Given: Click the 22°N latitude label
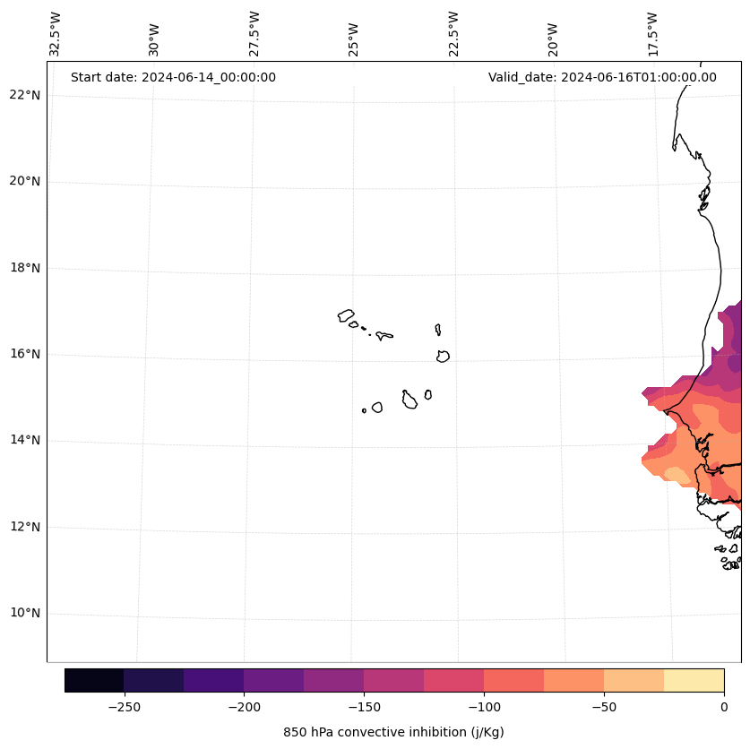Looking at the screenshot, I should tap(25, 95).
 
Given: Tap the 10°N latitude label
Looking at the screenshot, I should tap(25, 614).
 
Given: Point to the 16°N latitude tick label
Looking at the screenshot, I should tap(25, 354).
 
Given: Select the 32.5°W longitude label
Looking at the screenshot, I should tap(56, 34).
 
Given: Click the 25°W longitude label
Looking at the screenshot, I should tap(354, 37).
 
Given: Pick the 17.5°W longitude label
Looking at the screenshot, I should tap(653, 34).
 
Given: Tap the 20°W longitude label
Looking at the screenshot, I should tap(553, 39).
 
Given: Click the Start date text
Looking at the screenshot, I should tap(173, 77).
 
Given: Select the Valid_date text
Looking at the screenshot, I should tap(602, 77).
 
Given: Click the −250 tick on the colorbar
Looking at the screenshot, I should tap(124, 706).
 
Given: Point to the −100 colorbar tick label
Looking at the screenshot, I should tap(484, 706).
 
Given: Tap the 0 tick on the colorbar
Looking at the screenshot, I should tap(724, 706).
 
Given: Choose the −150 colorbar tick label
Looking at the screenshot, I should tap(364, 706).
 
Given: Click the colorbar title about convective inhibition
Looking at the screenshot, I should tap(393, 732).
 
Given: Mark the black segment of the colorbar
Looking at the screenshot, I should tap(94, 680).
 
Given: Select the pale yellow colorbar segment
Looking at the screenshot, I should tap(694, 680).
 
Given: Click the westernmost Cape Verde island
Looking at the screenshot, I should tap(346, 315).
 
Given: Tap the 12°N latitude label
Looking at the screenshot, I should tap(25, 527).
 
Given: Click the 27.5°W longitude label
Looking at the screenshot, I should tap(254, 34).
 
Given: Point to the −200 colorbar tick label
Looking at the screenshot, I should tap(244, 706).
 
